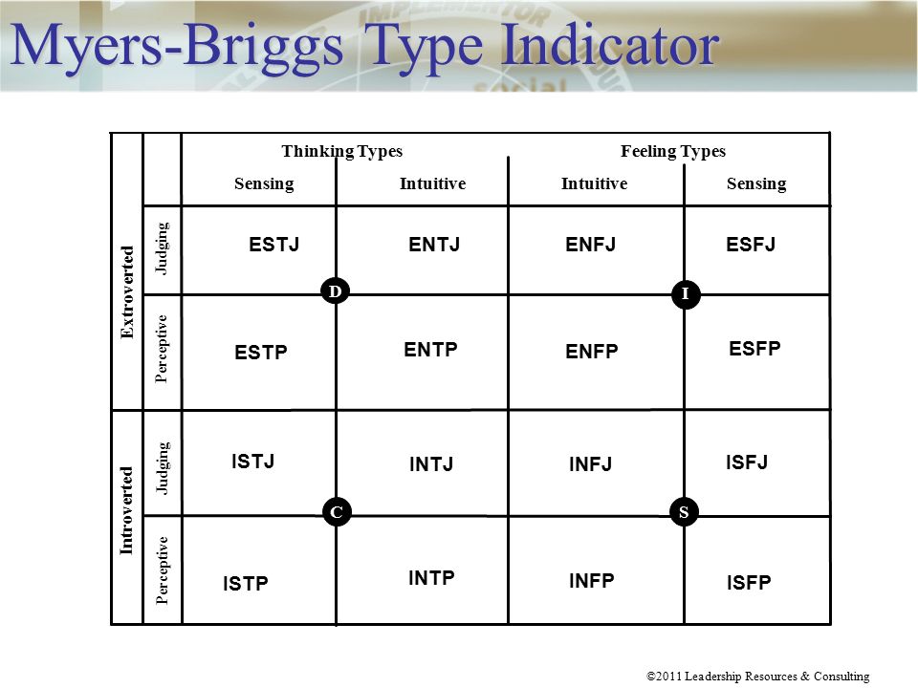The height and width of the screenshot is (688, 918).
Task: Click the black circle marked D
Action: tap(336, 290)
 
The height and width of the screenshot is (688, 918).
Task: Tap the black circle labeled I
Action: tap(686, 293)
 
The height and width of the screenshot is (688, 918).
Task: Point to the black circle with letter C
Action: tap(337, 512)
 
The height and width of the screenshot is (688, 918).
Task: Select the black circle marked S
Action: tap(684, 512)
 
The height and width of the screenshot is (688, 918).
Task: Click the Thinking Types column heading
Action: tap(342, 151)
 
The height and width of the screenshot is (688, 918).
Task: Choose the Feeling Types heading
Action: tap(673, 151)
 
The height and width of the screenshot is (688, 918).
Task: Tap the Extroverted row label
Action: tap(127, 292)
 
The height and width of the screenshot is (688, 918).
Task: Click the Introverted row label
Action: tap(126, 510)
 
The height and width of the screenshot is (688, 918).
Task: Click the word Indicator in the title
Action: tap(611, 45)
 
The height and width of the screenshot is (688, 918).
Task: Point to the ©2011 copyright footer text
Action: tap(757, 677)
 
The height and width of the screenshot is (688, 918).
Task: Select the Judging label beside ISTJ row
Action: tap(163, 468)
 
